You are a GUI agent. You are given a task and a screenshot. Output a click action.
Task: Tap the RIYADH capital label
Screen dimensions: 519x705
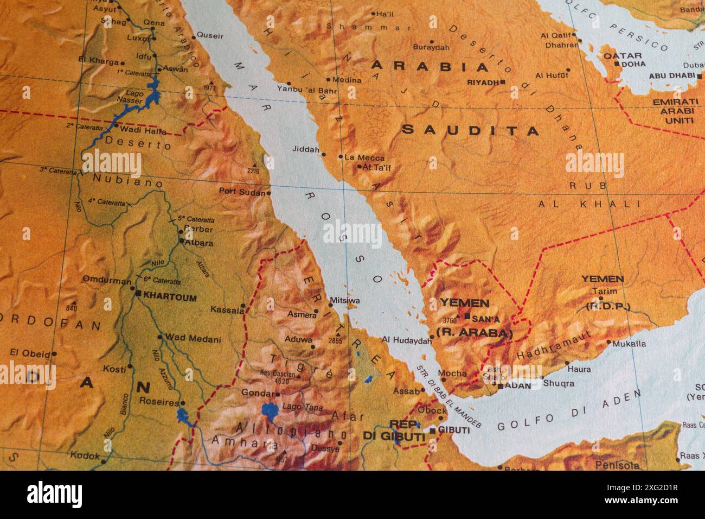point(483,83)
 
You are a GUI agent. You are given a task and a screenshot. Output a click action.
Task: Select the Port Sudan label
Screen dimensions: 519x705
point(242,191)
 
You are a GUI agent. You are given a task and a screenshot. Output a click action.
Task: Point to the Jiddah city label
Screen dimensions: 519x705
point(305,149)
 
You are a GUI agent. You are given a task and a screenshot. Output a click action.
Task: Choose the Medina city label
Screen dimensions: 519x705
point(347,80)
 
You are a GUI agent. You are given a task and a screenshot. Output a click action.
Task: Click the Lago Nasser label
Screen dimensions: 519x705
point(134,97)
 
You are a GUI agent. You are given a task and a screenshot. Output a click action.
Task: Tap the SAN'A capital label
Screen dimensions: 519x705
point(486,319)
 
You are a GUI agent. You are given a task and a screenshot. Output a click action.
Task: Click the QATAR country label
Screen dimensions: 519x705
point(623,55)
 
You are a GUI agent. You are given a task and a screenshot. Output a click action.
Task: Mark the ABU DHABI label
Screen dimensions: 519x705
point(671,75)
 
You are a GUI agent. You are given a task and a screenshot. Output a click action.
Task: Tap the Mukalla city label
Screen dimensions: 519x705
point(629,344)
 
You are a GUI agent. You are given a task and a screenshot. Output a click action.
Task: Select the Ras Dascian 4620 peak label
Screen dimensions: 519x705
point(278,376)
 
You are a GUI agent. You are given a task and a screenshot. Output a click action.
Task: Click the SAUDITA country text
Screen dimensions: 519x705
point(471,130)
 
